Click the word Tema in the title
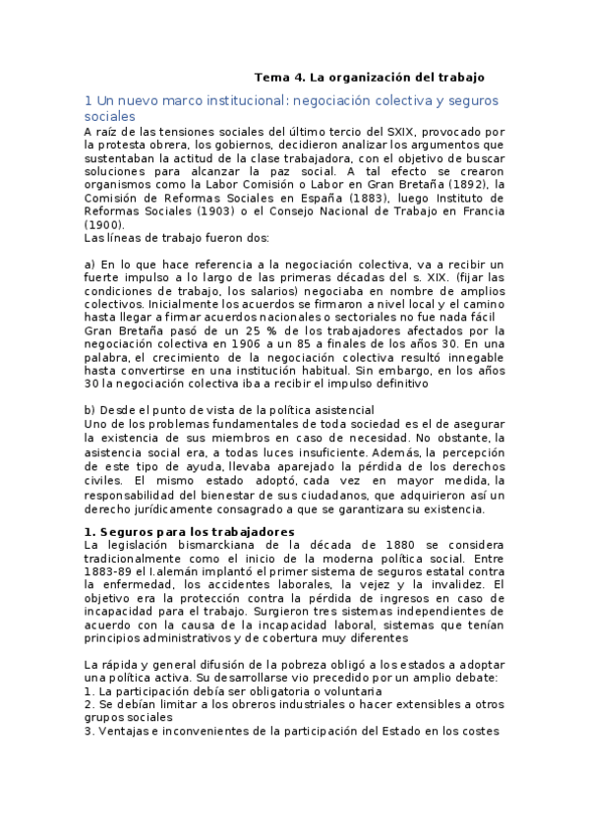270,77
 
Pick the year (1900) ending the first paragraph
103,224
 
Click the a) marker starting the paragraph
90,265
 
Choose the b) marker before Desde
90,408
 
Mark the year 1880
353,545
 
